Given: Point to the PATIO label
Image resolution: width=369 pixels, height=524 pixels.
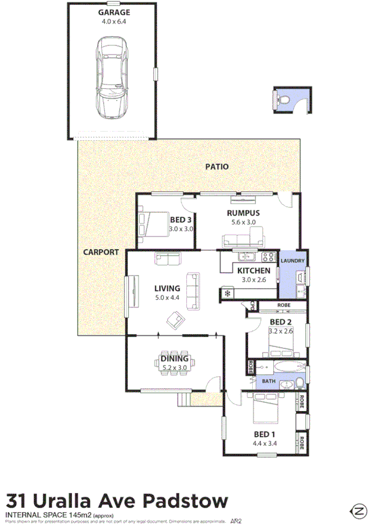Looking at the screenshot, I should click(x=217, y=167).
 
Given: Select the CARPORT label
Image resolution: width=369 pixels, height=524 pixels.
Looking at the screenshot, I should click(x=100, y=252).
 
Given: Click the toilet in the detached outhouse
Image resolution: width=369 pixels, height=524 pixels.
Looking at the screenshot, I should click(x=283, y=99).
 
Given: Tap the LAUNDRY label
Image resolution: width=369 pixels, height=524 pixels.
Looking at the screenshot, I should click(x=292, y=261).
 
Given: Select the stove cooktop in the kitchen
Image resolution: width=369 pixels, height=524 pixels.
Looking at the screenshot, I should click(x=268, y=257).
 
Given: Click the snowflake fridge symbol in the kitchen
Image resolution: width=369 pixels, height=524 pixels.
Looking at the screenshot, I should click(x=228, y=293).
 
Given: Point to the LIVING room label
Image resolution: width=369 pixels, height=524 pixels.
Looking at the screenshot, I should click(x=167, y=288).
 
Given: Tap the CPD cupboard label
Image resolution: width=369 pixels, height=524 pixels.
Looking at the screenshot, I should click(x=253, y=305).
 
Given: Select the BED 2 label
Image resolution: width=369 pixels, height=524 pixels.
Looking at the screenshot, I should click(x=280, y=322).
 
